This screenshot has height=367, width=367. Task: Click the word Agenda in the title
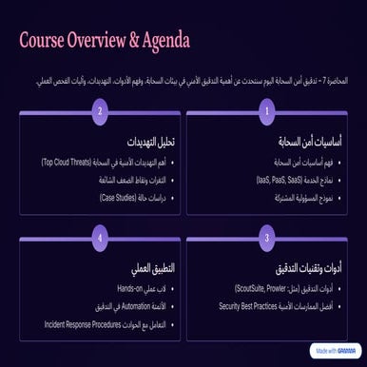158,41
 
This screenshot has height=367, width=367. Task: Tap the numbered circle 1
267,111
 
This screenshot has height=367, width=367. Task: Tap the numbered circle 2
99,111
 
